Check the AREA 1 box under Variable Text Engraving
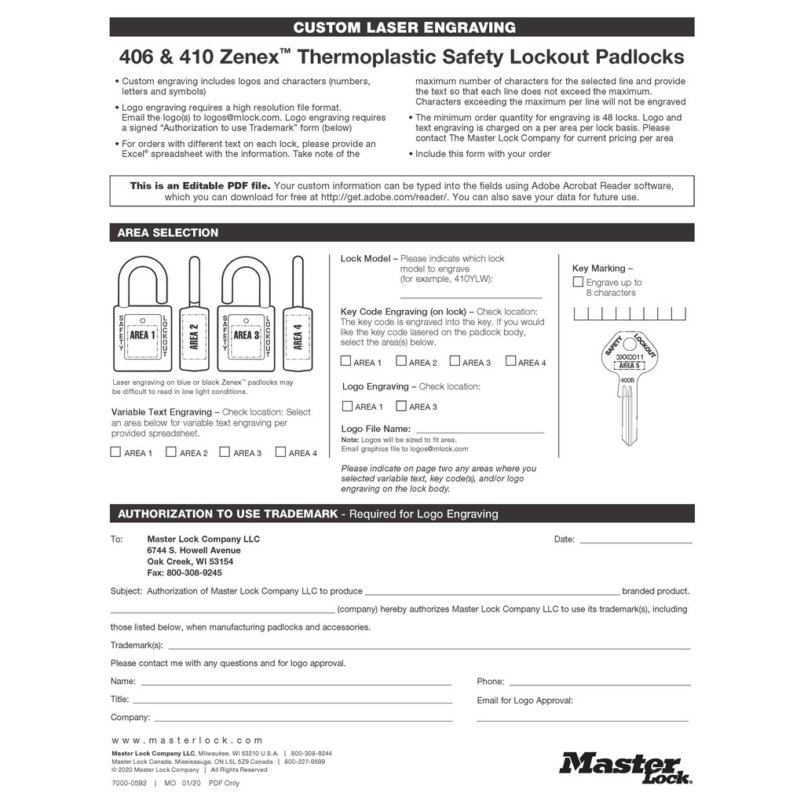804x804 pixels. tap(116, 452)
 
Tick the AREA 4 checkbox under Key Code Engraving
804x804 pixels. tap(511, 361)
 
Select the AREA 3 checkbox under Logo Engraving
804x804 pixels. tap(401, 406)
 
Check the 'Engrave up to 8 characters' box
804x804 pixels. tap(578, 282)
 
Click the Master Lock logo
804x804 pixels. tap(625, 767)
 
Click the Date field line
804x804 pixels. tap(635, 541)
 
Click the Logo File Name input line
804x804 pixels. tap(479, 431)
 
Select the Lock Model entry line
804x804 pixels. tap(471, 297)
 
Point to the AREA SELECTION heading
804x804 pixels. tap(168, 232)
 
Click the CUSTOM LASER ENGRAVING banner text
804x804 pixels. tap(404, 27)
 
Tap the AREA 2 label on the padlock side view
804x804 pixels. tap(194, 335)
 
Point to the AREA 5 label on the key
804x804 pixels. tap(627, 366)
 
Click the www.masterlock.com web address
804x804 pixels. tap(187, 740)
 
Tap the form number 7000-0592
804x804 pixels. tap(129, 783)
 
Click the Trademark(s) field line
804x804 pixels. tap(429, 648)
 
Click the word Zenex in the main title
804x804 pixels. tap(247, 57)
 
